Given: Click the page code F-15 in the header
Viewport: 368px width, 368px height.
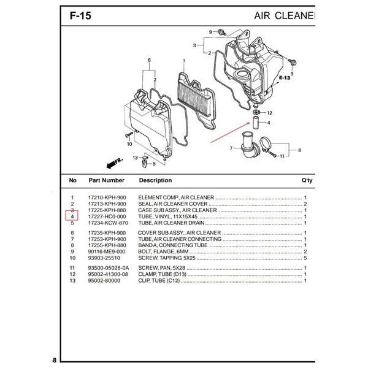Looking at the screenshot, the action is (x=80, y=16).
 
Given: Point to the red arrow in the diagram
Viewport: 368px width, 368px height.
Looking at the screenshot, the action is (x=230, y=132).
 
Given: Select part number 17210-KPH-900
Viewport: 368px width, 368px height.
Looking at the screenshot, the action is (x=107, y=197).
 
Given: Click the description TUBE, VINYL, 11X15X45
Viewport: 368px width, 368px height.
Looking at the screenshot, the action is (x=168, y=217).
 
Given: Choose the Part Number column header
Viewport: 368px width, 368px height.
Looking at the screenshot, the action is (x=106, y=180).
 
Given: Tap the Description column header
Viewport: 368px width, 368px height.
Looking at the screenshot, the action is (x=155, y=180).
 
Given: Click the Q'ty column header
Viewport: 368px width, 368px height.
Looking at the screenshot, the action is (x=307, y=180).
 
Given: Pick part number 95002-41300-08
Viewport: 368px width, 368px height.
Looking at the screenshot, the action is (x=108, y=274).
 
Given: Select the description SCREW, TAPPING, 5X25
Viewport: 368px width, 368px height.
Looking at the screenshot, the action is (x=167, y=258).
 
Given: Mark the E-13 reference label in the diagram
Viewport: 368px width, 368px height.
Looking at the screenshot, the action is (x=285, y=78).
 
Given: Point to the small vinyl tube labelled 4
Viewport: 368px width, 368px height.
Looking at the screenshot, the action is (x=255, y=122).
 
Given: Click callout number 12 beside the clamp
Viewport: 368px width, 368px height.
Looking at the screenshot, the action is (x=269, y=113).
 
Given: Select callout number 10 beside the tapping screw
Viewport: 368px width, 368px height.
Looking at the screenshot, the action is (x=129, y=144).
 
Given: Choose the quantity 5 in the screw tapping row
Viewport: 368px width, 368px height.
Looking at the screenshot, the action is (x=305, y=258).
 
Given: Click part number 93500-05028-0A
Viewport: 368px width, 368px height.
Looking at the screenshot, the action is (x=109, y=268).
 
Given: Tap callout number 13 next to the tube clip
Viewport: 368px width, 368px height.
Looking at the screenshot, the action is (x=135, y=158).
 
